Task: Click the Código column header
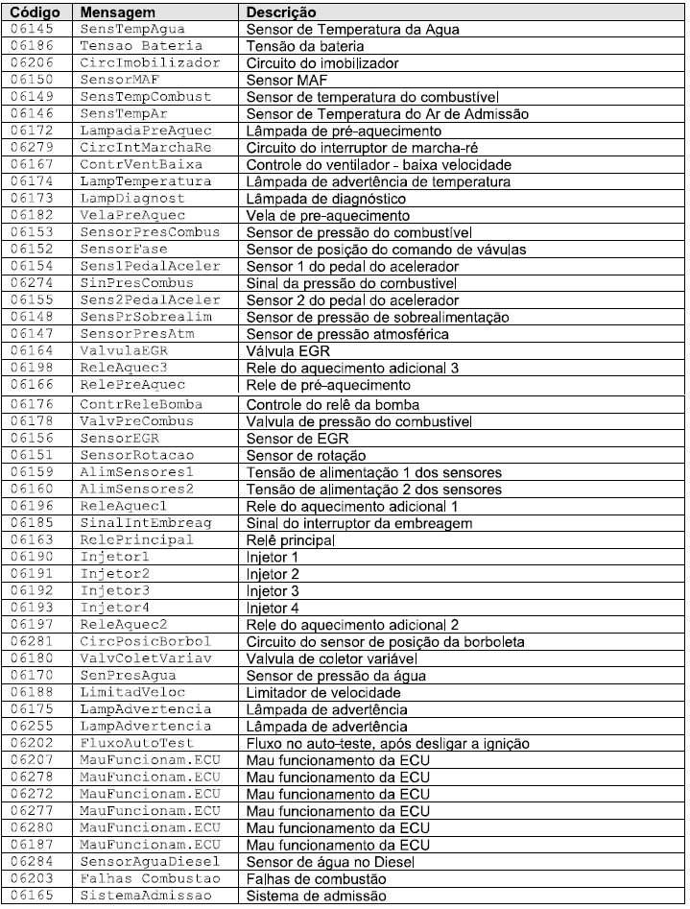tap(36, 13)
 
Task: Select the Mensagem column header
tap(112, 13)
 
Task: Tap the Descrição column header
tap(281, 13)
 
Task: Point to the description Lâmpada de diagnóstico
tap(325, 198)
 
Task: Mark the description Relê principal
tap(291, 538)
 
